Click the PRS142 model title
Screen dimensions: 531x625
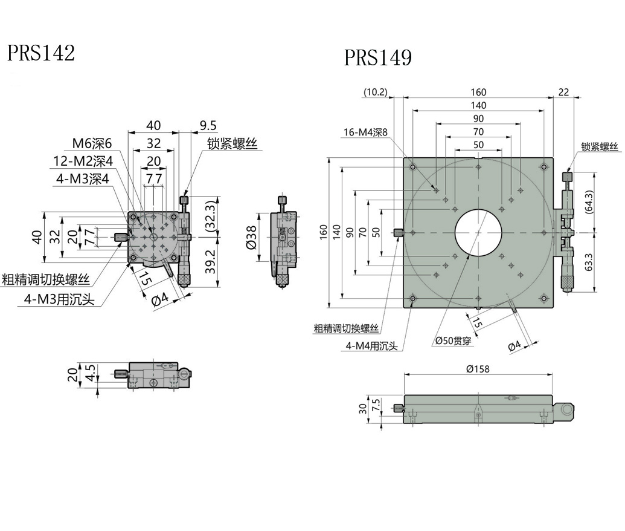40,53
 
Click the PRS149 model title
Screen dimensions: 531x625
378,58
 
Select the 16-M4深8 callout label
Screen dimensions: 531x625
365,132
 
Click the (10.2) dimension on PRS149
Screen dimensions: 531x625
376,93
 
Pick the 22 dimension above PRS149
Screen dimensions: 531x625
563,92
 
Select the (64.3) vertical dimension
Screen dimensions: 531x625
589,202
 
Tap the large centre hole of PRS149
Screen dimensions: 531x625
478,232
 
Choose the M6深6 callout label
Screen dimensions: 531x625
92,143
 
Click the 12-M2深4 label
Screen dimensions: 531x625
82,161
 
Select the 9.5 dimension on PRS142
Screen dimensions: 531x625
208,126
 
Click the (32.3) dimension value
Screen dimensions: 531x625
211,215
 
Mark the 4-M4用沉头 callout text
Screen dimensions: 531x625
372,346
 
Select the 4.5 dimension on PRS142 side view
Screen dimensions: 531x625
90,373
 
